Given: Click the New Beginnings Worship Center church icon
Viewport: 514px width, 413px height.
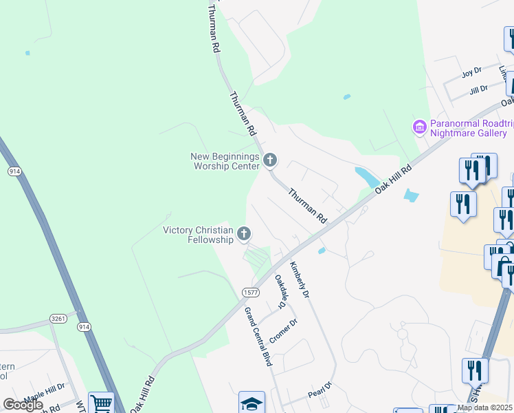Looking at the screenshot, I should tap(270, 161).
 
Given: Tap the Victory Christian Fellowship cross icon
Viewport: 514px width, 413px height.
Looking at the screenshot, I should tap(243, 235).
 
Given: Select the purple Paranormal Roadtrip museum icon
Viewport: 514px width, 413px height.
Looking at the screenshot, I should tap(418, 127).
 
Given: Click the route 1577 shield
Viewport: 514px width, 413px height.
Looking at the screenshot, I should tap(250, 293).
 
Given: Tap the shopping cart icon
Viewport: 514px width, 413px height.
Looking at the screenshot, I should tap(101, 403).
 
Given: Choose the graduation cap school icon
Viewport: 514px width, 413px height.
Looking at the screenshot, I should tap(252, 402).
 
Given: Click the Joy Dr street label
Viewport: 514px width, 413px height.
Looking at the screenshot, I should tap(472, 73).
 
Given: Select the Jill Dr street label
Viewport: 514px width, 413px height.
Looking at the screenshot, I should tap(478, 89).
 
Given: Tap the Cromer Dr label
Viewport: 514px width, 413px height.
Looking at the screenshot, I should tap(283, 332).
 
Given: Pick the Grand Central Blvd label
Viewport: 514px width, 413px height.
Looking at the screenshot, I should tap(258, 337).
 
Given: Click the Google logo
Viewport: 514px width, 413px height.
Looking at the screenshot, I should tap(23, 405).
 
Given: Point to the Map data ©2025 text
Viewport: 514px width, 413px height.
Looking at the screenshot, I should tap(484, 407).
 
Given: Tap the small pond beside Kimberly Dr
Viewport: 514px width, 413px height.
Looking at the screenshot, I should tap(322, 251).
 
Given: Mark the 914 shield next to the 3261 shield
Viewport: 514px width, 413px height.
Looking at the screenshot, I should tap(84, 326).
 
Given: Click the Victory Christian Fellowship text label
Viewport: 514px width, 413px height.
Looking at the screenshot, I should tap(198, 235).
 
